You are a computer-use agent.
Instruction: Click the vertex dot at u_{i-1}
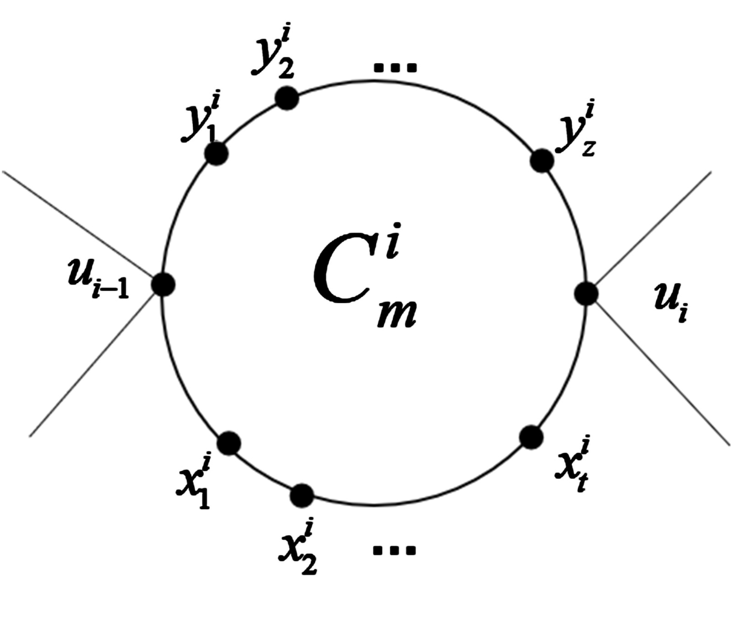point(163,284)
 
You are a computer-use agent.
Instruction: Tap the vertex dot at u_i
point(586,293)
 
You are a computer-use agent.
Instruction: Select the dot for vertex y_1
point(216,154)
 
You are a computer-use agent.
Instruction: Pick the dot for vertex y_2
point(287,98)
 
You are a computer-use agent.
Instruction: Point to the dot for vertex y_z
point(542,160)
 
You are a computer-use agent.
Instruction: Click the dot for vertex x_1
point(229,443)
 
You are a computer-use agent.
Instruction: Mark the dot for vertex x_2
point(302,495)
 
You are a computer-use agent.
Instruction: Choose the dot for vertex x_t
point(531,437)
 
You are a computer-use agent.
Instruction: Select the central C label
point(341,274)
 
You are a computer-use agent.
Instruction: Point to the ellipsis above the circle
point(395,68)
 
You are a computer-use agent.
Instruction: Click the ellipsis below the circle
point(394,549)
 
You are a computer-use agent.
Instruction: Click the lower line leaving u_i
point(660,371)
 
